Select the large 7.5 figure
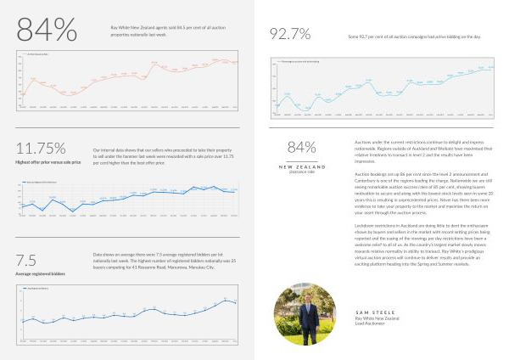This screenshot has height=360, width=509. point(25,260)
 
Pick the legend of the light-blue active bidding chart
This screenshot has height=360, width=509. point(294,62)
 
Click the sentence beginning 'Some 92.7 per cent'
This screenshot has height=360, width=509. point(415,37)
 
